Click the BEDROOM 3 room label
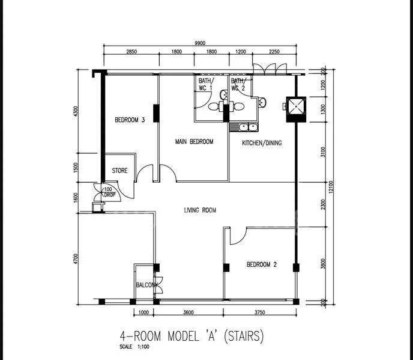pos(130,120)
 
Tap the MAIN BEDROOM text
pos(193,142)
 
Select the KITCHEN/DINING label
pos(262,143)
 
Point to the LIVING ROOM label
pos(200,210)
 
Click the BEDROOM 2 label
pos(261,264)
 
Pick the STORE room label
pos(119,171)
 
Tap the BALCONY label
pos(146,285)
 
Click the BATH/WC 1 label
pos(206,85)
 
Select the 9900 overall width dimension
pos(200,43)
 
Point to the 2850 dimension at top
pos(131,52)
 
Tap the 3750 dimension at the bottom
pos(259,312)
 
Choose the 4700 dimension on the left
pos(76,258)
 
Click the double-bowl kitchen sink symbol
pos(247,127)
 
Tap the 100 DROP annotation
pos(109,193)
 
